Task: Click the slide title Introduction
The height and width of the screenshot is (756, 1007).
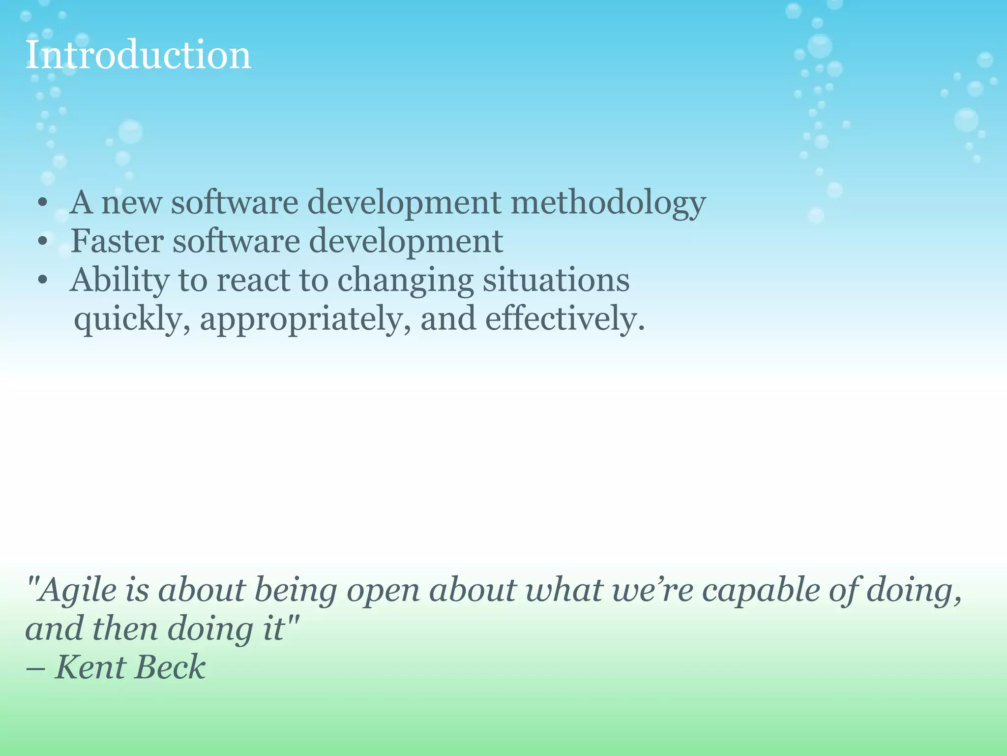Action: (138, 55)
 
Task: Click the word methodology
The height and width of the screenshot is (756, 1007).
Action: (608, 203)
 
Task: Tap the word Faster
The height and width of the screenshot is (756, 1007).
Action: (117, 241)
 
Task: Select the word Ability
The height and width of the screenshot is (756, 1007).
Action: (119, 281)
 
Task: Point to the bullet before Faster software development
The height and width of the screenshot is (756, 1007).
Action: (43, 242)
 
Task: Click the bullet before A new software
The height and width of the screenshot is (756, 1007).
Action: (43, 203)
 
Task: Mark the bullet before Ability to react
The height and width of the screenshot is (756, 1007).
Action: (43, 281)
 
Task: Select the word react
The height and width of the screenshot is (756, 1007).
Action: (253, 281)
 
